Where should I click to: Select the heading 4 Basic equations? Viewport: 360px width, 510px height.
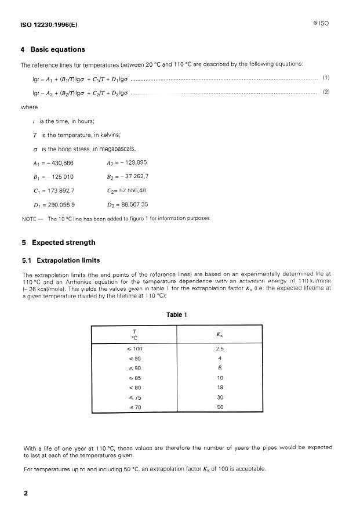click(x=52, y=49)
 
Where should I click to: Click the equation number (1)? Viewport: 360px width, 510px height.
click(x=326, y=78)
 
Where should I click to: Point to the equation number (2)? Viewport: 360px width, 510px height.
click(x=326, y=92)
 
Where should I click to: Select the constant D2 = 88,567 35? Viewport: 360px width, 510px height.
click(x=128, y=204)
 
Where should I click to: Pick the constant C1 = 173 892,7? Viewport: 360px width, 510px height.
click(x=53, y=190)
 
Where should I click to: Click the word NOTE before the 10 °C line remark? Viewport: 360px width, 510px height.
click(x=28, y=218)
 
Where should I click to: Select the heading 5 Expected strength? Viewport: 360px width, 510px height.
click(x=57, y=243)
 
